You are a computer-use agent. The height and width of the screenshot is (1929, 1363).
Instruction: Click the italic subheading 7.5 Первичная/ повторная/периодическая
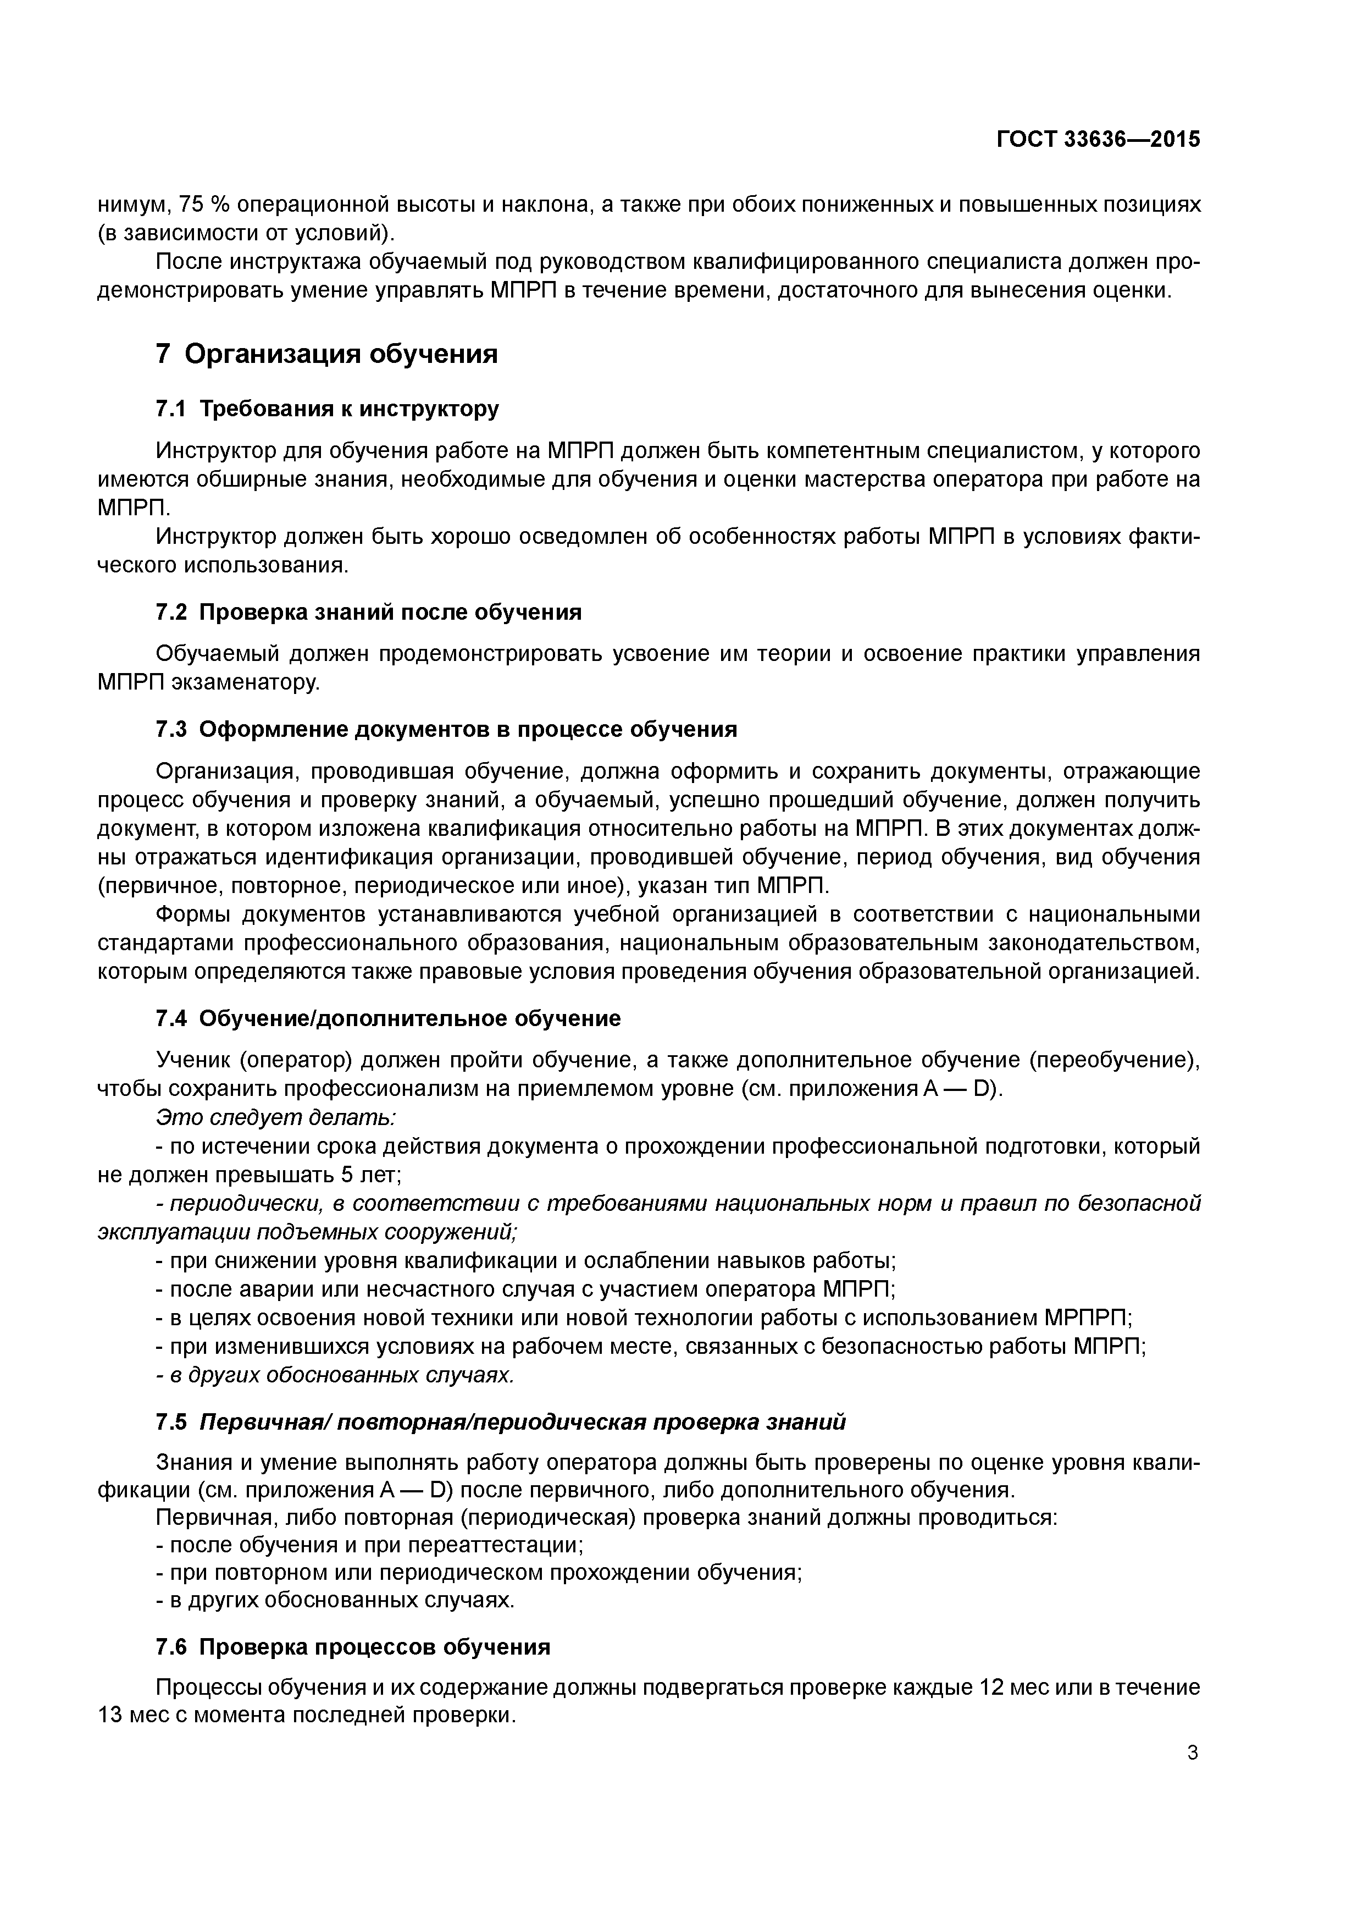click(501, 1421)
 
